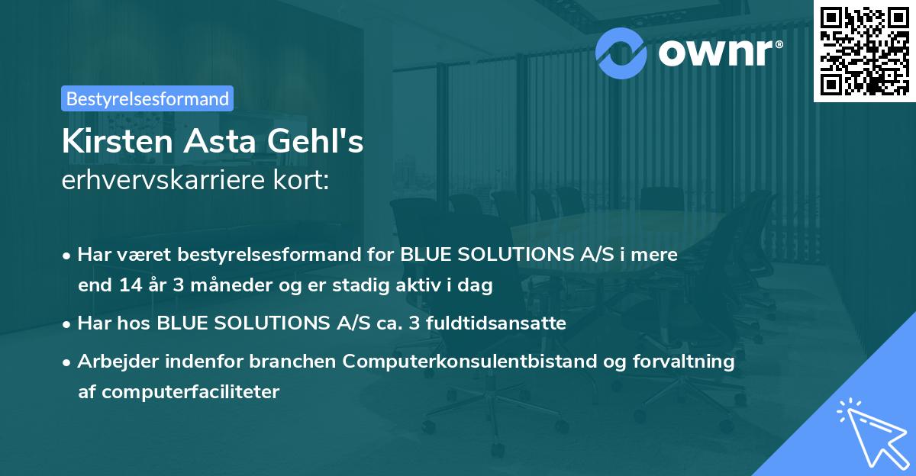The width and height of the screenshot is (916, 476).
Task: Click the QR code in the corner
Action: (863, 50)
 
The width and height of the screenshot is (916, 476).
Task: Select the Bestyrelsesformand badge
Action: (147, 98)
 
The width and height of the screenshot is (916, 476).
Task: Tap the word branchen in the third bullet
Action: (302, 362)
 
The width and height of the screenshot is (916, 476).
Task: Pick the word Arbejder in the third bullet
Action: (111, 362)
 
